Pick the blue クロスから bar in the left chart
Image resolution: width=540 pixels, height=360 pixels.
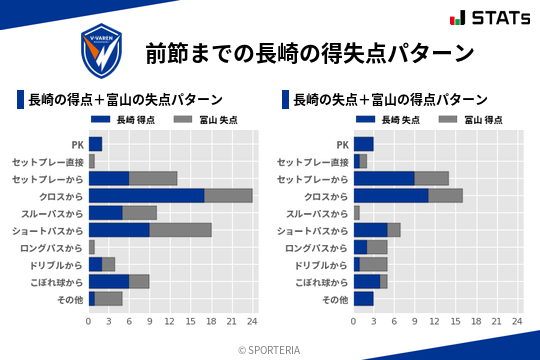[146, 195]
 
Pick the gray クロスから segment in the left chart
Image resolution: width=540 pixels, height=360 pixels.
[228, 195]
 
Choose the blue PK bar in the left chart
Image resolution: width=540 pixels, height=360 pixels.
[95, 144]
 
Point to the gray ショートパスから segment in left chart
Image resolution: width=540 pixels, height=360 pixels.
[180, 230]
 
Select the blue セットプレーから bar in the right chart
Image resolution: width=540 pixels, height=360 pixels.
[384, 178]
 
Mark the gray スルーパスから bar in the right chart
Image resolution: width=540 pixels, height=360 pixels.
[357, 213]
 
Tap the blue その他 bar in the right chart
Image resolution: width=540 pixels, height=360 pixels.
[363, 298]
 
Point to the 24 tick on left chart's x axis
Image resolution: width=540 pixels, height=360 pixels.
[252, 321]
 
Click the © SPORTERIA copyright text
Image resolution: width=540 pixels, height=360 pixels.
[270, 350]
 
